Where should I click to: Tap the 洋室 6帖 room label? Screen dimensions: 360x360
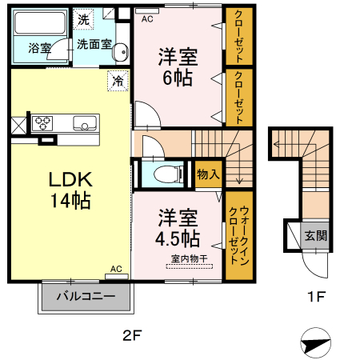(178, 67)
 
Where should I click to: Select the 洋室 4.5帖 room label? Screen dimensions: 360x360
(178, 227)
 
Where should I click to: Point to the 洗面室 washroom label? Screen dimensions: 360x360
(94, 46)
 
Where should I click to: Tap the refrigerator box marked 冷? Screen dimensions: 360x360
(118, 81)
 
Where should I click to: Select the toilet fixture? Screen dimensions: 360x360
(164, 174)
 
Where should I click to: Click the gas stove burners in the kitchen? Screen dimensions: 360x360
(42, 123)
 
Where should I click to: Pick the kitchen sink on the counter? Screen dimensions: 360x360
(84, 123)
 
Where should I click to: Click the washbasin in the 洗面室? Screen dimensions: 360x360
(121, 53)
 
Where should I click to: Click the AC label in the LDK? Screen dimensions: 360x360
(115, 270)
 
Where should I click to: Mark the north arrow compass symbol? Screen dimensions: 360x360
(314, 342)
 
